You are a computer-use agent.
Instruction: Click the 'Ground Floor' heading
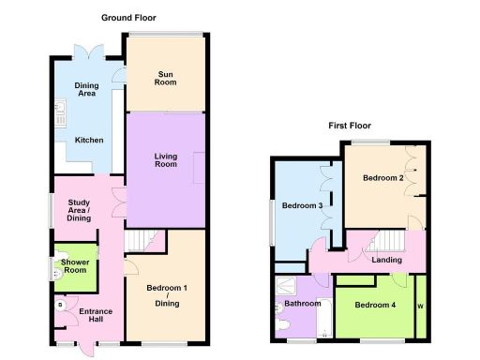pyautogui.click(x=129, y=18)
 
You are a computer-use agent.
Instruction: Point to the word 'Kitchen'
pyautogui.click(x=89, y=141)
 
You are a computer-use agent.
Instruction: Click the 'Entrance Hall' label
pyautogui.click(x=96, y=316)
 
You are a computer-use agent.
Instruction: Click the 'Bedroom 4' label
pyautogui.click(x=375, y=306)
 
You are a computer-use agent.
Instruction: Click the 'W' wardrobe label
pyautogui.click(x=420, y=306)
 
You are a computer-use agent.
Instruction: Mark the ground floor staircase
pyautogui.click(x=144, y=241)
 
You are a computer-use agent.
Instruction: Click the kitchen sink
pyautogui.click(x=58, y=117)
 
